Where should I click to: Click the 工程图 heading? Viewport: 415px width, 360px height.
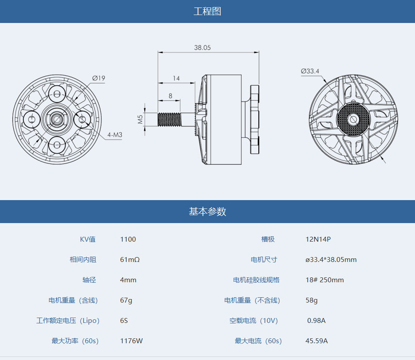[207, 11]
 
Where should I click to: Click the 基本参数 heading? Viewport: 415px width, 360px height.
[207, 212]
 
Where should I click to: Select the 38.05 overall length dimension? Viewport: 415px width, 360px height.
[202, 48]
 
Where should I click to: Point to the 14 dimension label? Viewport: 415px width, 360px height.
[176, 78]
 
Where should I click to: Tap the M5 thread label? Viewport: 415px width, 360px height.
[140, 119]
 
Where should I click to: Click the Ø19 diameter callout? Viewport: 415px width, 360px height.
[99, 78]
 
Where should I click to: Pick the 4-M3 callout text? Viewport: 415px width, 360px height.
[114, 134]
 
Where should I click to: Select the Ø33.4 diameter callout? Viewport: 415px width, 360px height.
[310, 71]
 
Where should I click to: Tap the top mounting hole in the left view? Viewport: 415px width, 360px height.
[57, 94]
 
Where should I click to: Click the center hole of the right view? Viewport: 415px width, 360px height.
[353, 119]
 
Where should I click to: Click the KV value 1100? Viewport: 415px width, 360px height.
[128, 239]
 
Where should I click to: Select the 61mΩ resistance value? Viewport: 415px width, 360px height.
[130, 260]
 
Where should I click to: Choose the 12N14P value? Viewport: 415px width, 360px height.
[318, 239]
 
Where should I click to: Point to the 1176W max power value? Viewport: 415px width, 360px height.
[131, 341]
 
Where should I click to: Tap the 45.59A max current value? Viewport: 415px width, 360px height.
[317, 341]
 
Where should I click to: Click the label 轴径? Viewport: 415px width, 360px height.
[89, 280]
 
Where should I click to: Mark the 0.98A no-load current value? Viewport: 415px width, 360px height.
[317, 321]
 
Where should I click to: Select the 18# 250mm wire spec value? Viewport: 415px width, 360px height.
[324, 280]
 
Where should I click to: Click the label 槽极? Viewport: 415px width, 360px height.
[268, 239]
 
